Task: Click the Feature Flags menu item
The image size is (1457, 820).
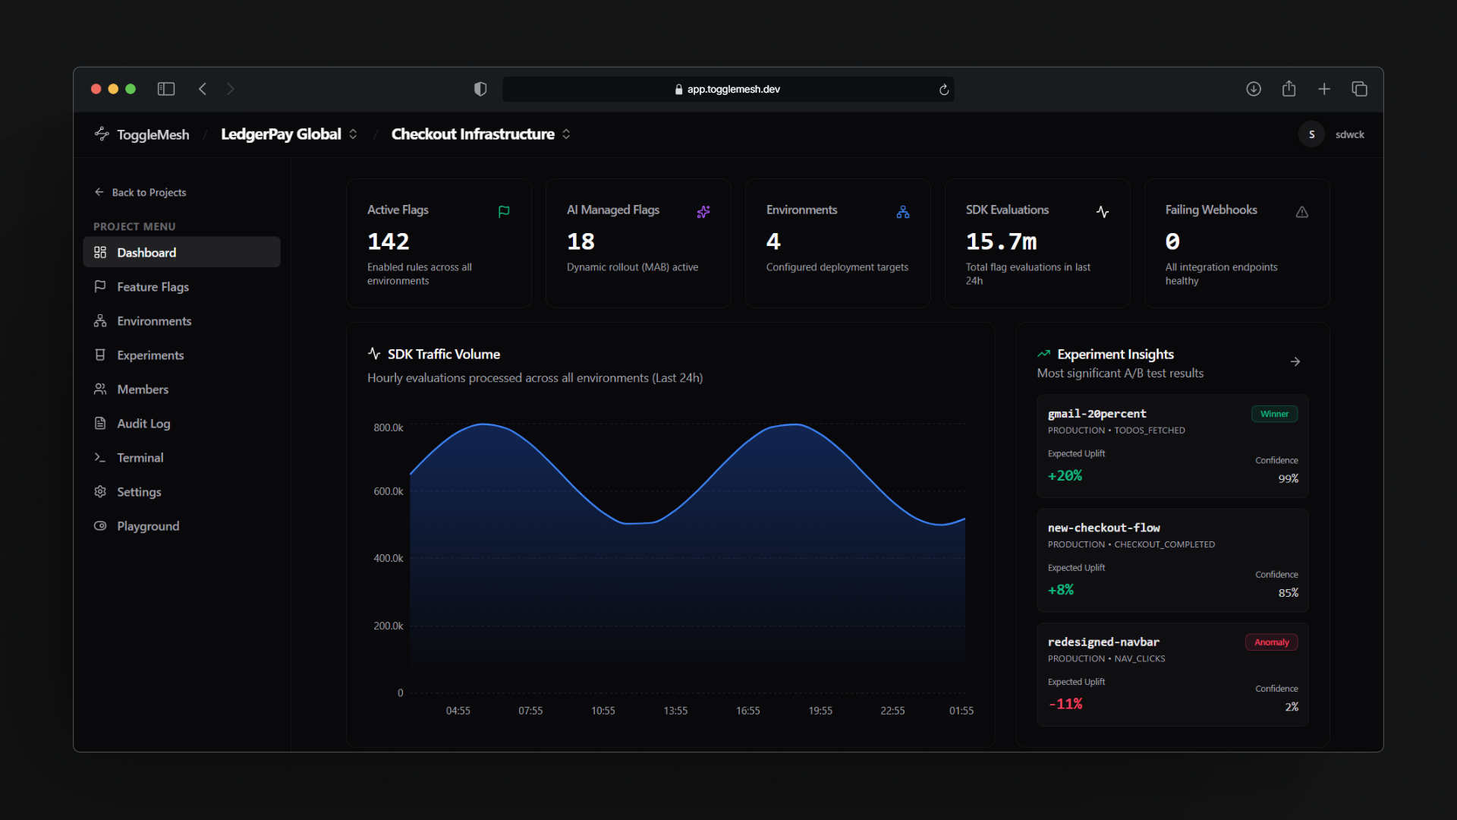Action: click(153, 287)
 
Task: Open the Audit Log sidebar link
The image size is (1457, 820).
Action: click(143, 424)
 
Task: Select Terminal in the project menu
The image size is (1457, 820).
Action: click(140, 458)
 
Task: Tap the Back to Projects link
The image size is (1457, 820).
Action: click(140, 192)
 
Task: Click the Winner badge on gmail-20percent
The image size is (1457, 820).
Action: click(1274, 414)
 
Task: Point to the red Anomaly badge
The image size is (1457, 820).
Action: click(1271, 642)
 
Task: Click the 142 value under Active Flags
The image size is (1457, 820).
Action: click(389, 241)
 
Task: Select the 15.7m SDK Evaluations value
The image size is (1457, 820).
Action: click(1001, 241)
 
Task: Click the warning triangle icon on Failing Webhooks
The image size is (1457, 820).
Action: click(1302, 212)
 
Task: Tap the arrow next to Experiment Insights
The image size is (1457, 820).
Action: click(1295, 361)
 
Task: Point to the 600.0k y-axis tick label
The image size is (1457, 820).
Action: click(389, 491)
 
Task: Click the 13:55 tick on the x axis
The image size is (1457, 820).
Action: click(675, 711)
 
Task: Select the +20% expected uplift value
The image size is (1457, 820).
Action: click(1065, 476)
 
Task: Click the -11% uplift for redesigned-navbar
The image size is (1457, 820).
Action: click(1065, 705)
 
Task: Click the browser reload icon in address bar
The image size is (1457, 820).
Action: click(944, 90)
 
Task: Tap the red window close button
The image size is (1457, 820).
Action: click(96, 89)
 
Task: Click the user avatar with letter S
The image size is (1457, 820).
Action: click(1311, 134)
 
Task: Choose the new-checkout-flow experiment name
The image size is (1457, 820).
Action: click(1103, 528)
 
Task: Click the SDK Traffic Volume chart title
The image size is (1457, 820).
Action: click(444, 355)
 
